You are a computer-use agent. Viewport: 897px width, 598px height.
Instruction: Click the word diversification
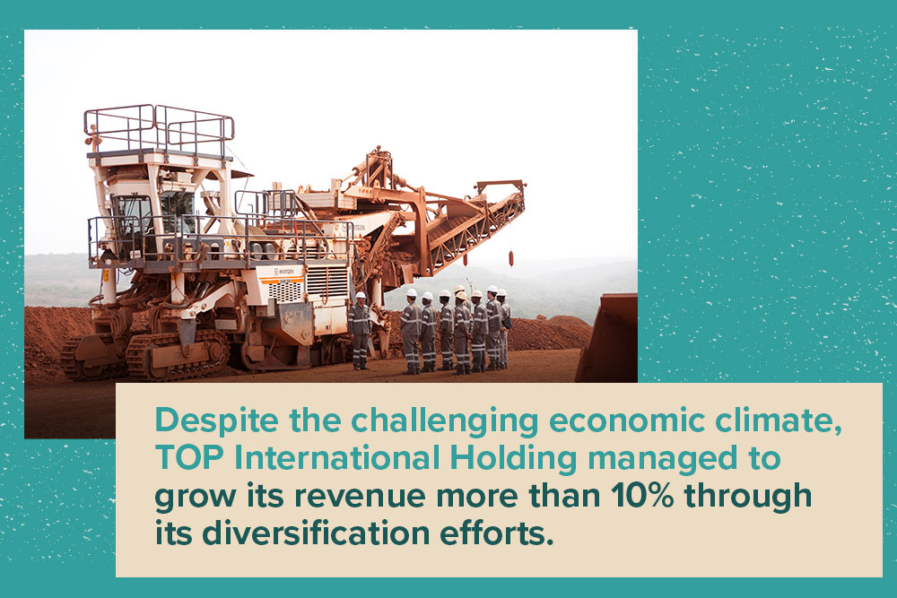[x=316, y=533]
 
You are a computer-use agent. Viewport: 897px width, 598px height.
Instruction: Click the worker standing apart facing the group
[x=360, y=331]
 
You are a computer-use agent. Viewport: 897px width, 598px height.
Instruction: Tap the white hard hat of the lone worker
[x=361, y=296]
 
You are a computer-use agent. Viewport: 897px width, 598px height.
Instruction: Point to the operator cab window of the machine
[x=133, y=215]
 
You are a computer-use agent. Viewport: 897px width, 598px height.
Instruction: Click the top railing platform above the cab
[x=159, y=132]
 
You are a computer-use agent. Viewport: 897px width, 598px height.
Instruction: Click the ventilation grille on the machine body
[x=327, y=280]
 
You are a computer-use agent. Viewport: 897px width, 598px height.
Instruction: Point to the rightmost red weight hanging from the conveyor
[x=511, y=257]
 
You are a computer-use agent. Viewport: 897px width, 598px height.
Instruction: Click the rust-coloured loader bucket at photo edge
[x=607, y=337]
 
